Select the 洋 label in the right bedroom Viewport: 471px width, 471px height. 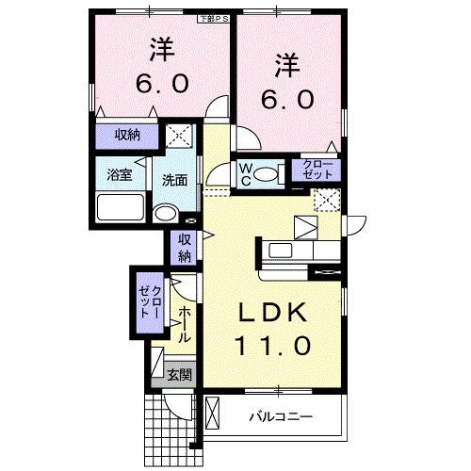(x=287, y=64)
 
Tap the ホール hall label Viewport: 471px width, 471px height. (x=185, y=323)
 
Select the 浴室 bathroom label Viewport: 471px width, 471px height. (x=119, y=174)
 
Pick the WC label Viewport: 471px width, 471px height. (x=243, y=171)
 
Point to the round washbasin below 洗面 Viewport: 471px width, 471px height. (x=166, y=211)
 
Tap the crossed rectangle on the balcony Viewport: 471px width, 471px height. (x=212, y=414)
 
